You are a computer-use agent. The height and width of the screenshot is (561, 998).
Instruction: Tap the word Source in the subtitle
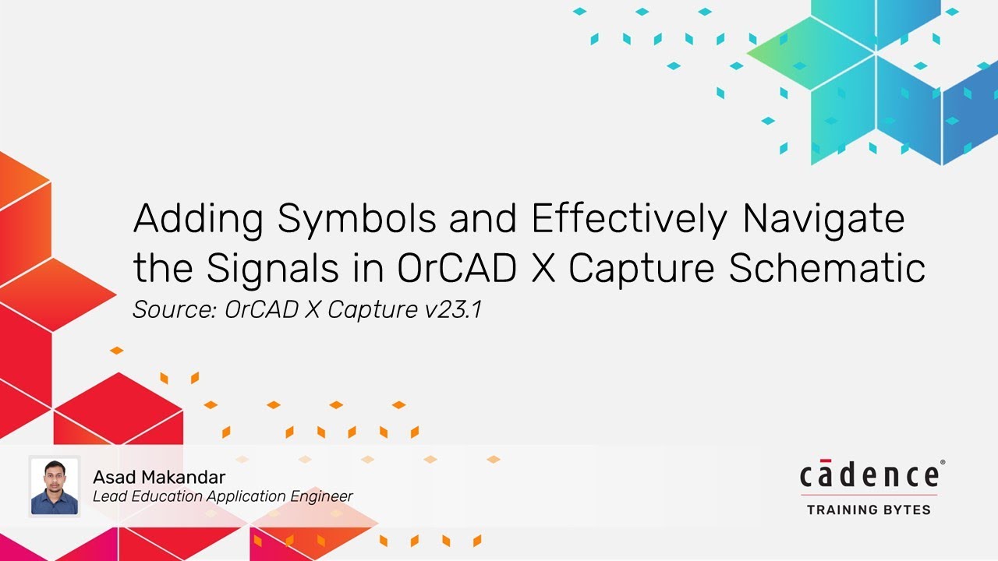click(x=174, y=310)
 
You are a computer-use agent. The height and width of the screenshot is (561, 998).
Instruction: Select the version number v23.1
click(x=453, y=310)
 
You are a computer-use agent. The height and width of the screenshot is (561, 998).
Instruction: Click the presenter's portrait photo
click(x=55, y=486)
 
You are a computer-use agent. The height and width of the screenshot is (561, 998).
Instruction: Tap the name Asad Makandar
click(x=159, y=477)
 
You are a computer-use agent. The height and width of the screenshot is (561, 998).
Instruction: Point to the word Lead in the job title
click(x=108, y=496)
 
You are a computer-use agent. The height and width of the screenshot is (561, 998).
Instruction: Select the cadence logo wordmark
click(x=869, y=475)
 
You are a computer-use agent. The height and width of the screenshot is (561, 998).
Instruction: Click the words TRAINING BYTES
click(x=869, y=510)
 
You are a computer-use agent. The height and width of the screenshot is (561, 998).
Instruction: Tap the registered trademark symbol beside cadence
click(x=943, y=463)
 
